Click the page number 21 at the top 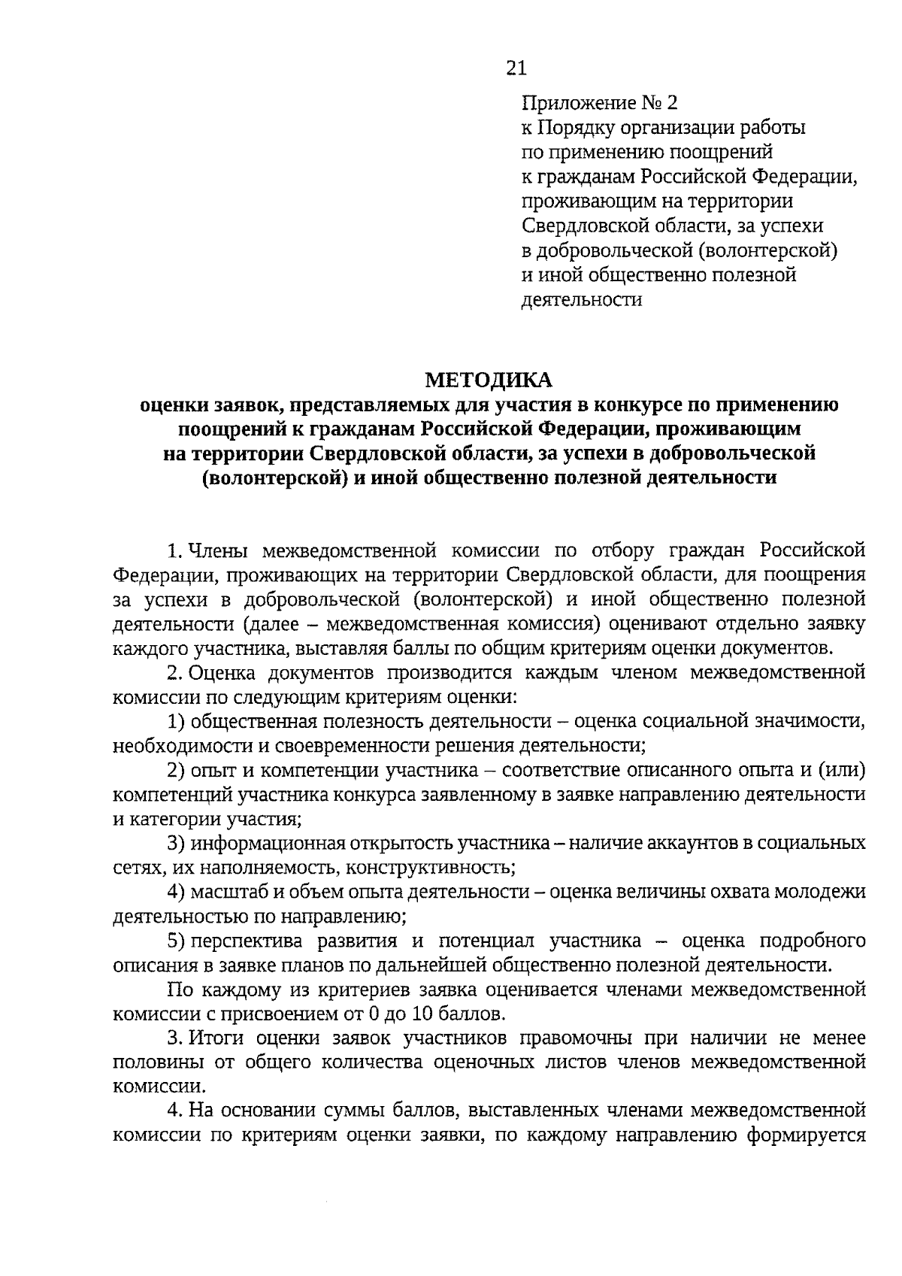tap(516, 68)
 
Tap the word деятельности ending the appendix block tap(582, 300)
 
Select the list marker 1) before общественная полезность tap(177, 721)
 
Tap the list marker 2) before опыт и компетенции tap(177, 770)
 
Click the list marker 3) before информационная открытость tap(177, 843)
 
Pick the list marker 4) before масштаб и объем tap(177, 892)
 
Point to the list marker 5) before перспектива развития tap(177, 941)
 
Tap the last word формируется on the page tap(806, 1135)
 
